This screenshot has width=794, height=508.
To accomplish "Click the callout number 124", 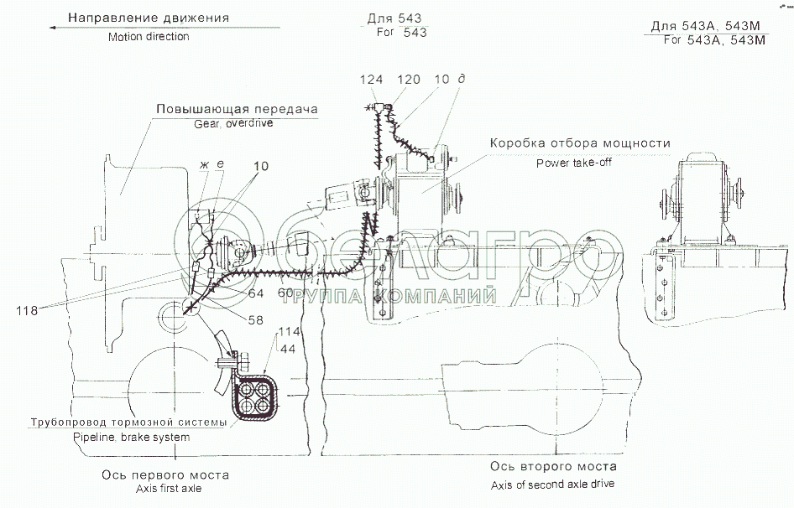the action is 371,80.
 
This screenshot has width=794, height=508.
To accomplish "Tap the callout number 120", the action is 409,80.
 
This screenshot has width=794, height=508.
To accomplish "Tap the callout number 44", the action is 289,346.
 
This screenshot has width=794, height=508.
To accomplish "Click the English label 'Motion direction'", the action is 149,37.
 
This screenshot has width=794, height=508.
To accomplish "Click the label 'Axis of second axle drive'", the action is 553,485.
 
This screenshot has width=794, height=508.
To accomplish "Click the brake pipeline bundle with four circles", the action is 253,397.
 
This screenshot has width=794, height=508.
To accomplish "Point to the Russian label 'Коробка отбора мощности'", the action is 580,143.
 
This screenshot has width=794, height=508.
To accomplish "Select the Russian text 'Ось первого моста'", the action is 165,474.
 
